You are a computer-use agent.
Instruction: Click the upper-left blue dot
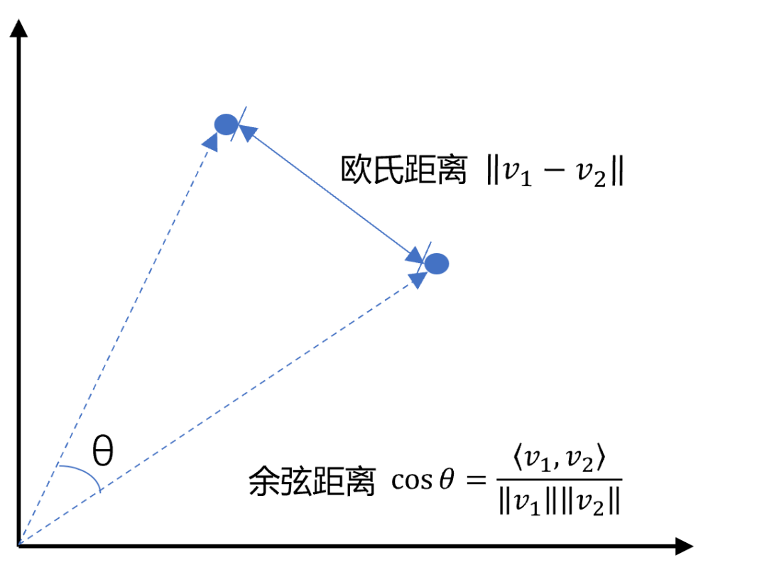226,124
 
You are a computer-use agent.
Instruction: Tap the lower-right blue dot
437,264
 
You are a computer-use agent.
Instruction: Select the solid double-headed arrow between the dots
330,192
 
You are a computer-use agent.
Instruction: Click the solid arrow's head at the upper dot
248,133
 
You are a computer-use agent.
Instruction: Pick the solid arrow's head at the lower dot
414,255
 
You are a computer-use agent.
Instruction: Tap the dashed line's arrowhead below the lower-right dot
418,279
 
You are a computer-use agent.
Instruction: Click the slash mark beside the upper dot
239,124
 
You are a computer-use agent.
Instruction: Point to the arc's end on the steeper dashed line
57,466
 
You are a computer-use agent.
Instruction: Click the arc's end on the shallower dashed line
101,490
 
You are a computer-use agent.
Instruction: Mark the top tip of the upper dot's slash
246,106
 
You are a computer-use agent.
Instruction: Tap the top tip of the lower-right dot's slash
430,242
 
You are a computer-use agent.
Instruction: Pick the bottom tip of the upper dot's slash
232,141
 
